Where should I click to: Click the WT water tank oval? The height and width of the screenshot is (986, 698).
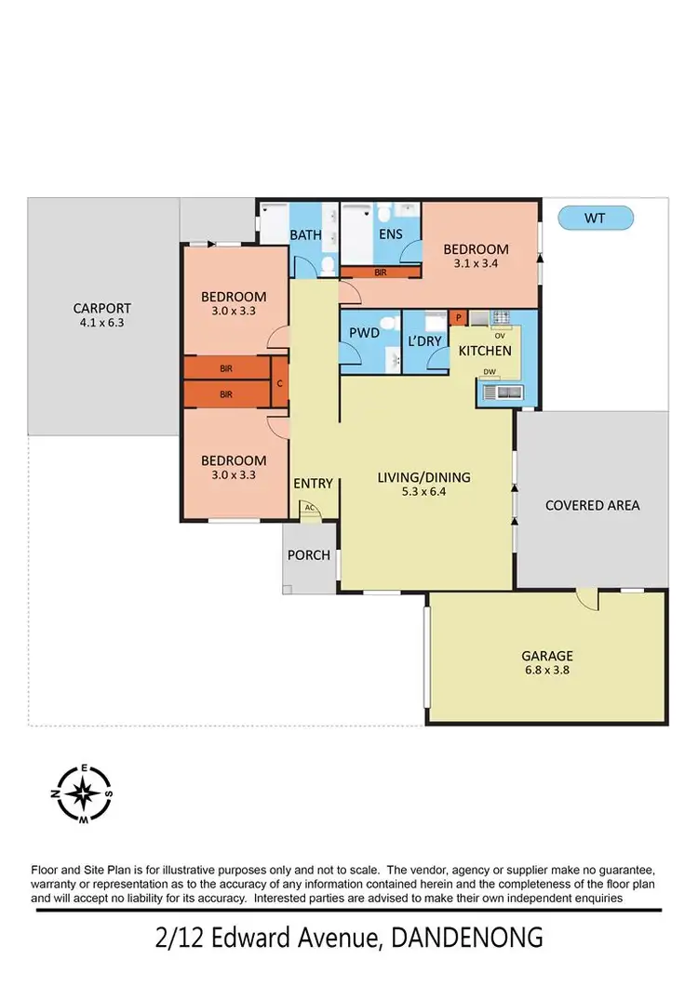tap(595, 219)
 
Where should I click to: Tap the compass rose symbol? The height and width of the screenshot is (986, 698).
tap(85, 793)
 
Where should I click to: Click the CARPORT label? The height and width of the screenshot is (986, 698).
tap(102, 308)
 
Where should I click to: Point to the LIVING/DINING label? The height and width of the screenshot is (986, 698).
tap(423, 477)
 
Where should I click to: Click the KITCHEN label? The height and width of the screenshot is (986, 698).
tap(485, 351)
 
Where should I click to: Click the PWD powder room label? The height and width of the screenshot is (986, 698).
tap(362, 333)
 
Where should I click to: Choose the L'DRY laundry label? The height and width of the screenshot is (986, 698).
tap(424, 341)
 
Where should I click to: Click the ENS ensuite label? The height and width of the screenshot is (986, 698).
tap(390, 233)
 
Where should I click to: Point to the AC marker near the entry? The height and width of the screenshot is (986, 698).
tap(308, 509)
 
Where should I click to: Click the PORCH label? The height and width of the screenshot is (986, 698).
tap(309, 555)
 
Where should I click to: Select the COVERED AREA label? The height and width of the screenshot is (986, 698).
tap(592, 505)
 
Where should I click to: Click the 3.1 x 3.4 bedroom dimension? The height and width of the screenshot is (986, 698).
tap(476, 263)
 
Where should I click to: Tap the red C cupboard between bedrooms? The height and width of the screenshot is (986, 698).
tap(279, 381)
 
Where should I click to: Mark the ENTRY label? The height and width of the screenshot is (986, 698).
tap(313, 483)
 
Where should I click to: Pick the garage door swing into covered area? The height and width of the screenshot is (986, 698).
tap(586, 600)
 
